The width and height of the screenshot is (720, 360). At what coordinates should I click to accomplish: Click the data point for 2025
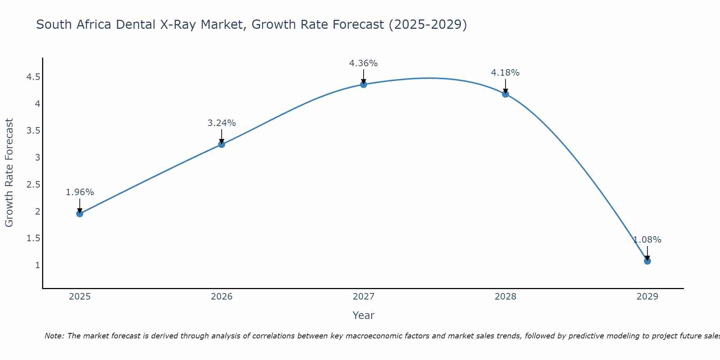(80, 213)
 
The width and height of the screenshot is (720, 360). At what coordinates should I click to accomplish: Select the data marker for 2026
(221, 144)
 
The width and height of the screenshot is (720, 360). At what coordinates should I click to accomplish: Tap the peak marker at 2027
(364, 84)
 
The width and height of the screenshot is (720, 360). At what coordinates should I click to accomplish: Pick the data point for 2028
(505, 94)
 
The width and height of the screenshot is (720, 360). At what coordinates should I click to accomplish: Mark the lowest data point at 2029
(647, 261)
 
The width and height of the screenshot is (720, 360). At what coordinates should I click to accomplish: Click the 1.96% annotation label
(80, 192)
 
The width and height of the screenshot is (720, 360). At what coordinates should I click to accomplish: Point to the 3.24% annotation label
(221, 123)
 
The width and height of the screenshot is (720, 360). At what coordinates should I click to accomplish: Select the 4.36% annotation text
(364, 63)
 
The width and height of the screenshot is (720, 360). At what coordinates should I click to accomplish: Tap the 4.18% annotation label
(505, 73)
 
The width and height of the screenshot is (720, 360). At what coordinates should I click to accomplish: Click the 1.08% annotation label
(647, 240)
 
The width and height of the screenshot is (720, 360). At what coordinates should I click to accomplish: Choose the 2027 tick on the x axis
(364, 297)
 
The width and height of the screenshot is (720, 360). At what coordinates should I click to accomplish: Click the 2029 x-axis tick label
(647, 297)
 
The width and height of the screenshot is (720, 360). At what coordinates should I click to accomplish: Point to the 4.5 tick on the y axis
(33, 77)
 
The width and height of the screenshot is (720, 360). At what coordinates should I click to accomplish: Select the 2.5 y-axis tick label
(33, 185)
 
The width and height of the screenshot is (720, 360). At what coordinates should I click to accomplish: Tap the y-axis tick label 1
(37, 265)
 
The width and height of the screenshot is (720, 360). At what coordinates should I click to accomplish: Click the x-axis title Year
(364, 315)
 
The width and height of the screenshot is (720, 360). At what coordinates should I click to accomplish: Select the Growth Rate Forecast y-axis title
(9, 173)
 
